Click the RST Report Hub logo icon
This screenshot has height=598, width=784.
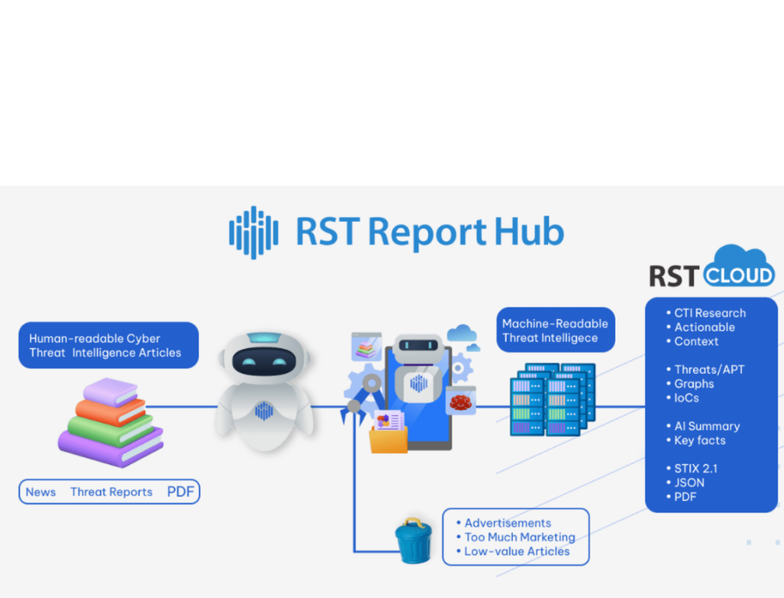coord(253,231)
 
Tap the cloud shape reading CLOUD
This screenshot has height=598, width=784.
coord(739,270)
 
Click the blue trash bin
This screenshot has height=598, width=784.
coord(413,541)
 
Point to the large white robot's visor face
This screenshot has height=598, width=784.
coord(264,361)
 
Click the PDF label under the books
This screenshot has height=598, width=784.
coord(180,491)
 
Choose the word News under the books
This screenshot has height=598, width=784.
coord(41,492)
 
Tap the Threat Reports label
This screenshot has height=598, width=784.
coord(111,492)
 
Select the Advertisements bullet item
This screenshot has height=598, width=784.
coord(507,523)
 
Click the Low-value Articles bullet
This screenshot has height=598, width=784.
coord(517,551)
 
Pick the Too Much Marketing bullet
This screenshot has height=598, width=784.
coord(519,537)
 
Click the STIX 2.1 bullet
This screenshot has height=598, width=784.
coord(695,469)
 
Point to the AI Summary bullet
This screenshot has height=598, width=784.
coord(706,426)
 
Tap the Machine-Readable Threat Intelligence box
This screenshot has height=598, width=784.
coord(555,331)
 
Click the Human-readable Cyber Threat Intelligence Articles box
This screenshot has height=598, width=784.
coord(107,346)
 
